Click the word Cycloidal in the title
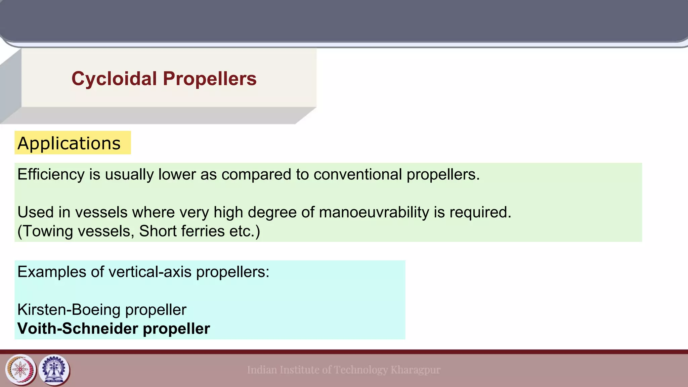click(x=114, y=79)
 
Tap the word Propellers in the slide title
click(x=210, y=79)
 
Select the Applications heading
click(x=69, y=143)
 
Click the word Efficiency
click(x=51, y=174)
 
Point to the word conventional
click(x=357, y=174)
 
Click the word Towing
click(x=50, y=231)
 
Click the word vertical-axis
click(x=150, y=272)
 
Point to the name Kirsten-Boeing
click(x=69, y=310)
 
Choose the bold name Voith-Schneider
click(x=78, y=329)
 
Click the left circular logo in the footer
click(x=21, y=370)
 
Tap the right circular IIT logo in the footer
click(x=54, y=370)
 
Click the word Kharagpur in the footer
click(x=416, y=370)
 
